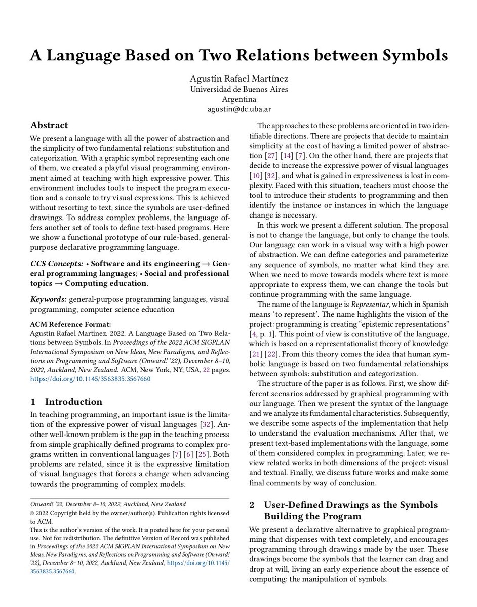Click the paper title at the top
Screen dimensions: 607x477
(238, 55)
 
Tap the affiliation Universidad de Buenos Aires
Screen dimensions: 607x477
(238, 89)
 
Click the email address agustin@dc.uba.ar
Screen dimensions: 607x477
(238, 109)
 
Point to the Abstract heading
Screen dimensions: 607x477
(49, 125)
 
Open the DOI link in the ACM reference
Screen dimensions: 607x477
(90, 378)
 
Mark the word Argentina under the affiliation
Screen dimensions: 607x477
(238, 99)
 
